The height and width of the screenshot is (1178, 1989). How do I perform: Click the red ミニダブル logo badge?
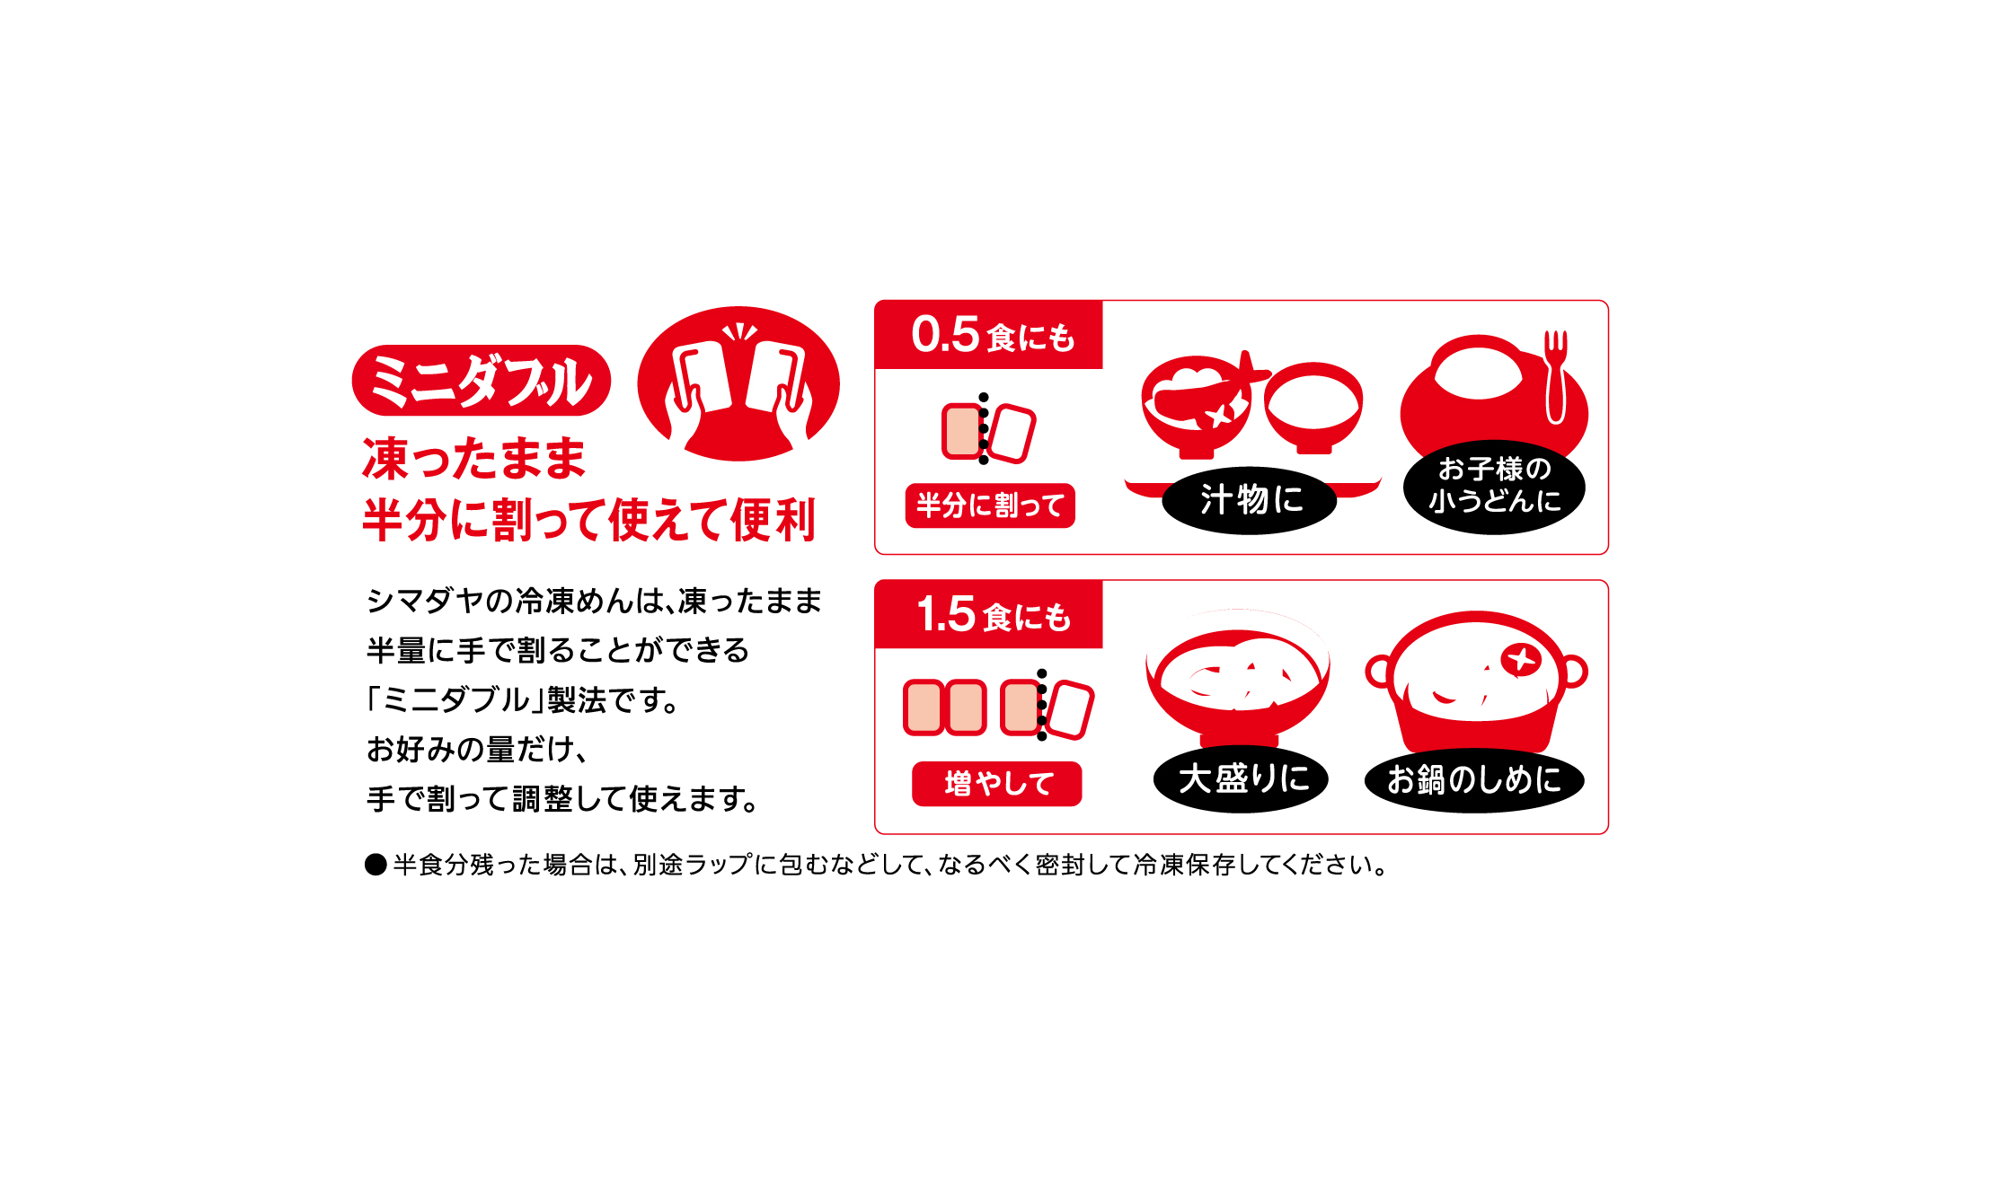point(481,381)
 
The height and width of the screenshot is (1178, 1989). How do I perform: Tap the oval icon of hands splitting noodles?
point(738,384)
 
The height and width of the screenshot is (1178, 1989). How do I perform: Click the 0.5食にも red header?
point(989,335)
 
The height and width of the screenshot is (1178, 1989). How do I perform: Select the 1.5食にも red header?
point(989,615)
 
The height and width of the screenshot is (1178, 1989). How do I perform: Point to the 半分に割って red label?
point(990,505)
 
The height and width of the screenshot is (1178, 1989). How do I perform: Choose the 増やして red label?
point(997,784)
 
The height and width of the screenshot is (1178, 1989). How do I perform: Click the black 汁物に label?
point(1250,500)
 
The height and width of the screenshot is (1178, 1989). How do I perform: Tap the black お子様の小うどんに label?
point(1494,486)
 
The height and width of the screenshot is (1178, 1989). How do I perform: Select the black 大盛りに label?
point(1242,778)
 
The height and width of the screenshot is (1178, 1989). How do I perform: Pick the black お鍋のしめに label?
point(1473,779)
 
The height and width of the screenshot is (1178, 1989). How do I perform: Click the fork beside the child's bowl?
point(1556,377)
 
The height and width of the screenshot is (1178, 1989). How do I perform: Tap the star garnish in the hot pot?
point(1521,660)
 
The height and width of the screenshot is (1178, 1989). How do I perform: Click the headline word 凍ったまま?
point(473,459)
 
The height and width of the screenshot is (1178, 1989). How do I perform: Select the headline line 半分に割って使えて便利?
point(588,520)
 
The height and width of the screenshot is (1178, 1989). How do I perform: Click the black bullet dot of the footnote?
point(376,865)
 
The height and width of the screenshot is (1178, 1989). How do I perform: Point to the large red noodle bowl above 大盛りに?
point(1238,682)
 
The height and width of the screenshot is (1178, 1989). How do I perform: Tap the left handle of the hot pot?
point(1378,671)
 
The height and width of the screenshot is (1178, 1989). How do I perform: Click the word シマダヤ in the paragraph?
point(426,601)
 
